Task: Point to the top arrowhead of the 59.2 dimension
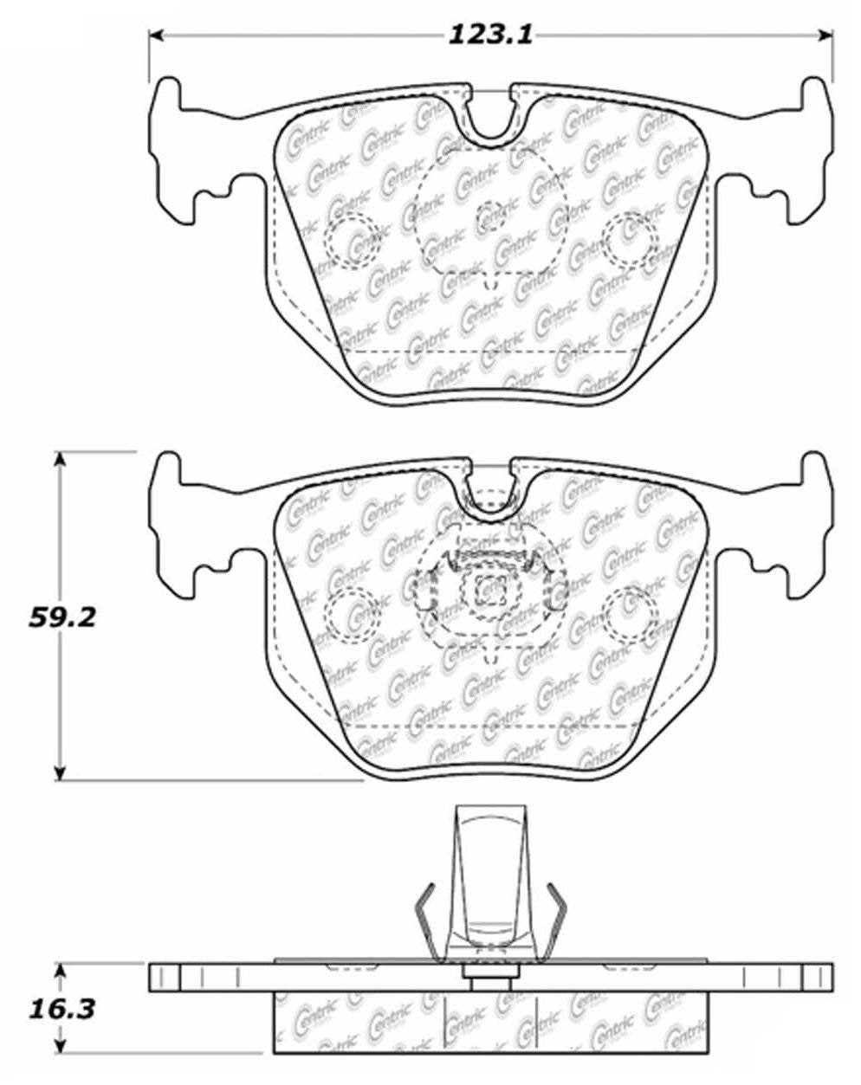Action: point(60,459)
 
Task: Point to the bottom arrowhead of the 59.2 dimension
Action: point(60,772)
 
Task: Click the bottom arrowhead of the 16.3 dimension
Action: point(60,1047)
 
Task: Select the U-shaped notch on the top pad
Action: point(491,113)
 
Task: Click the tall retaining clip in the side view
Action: point(491,875)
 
